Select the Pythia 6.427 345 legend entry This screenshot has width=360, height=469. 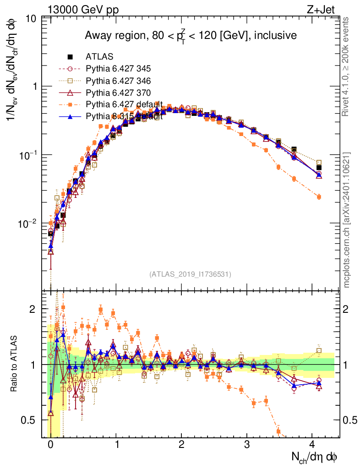tap(118, 69)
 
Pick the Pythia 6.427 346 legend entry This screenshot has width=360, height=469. tap(118, 81)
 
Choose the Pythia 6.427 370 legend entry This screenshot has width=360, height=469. tap(118, 93)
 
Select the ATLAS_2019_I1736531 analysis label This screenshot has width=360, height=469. tap(190, 274)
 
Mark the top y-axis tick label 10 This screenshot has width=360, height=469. tap(32, 19)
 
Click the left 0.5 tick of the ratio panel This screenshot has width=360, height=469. tap(31, 420)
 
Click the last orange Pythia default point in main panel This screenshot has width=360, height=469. tap(319, 196)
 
